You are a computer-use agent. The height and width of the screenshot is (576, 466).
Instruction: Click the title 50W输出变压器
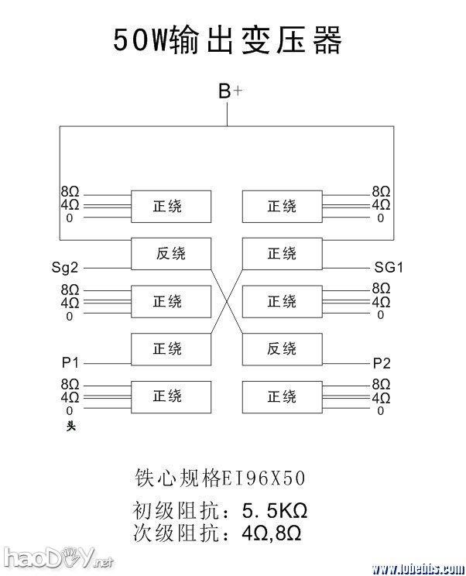click(228, 40)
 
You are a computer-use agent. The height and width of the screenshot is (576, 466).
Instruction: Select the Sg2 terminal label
click(65, 268)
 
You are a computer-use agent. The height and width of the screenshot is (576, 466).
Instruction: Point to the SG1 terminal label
click(389, 268)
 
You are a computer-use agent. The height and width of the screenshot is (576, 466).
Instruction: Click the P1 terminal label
click(71, 362)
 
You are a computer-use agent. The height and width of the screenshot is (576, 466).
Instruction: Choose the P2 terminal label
click(382, 362)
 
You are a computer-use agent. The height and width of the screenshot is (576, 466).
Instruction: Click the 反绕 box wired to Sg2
click(170, 254)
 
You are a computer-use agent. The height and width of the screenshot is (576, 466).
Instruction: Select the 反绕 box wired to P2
click(282, 349)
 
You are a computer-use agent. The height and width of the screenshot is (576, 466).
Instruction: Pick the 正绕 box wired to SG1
click(282, 254)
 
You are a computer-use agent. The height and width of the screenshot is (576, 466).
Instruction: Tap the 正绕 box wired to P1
click(170, 349)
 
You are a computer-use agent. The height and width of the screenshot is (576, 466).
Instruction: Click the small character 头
click(70, 424)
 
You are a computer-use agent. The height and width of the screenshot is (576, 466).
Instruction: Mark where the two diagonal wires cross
click(226, 302)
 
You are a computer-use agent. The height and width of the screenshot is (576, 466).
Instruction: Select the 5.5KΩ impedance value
click(275, 512)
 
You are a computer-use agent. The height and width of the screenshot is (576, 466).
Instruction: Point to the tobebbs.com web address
click(416, 568)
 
